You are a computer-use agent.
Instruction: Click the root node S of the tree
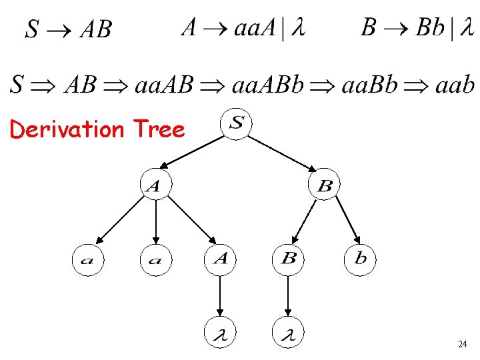237,124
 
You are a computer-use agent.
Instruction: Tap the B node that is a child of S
325,185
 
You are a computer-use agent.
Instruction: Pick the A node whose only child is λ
221,259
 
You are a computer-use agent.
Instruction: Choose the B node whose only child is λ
289,259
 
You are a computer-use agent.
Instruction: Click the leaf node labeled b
360,259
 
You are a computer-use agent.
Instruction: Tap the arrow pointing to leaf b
348,219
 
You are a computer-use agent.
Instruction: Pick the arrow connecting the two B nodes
304,221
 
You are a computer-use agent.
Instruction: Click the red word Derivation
67,129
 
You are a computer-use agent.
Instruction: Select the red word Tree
158,129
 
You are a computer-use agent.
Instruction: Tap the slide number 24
462,345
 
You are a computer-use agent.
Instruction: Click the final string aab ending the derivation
454,85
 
